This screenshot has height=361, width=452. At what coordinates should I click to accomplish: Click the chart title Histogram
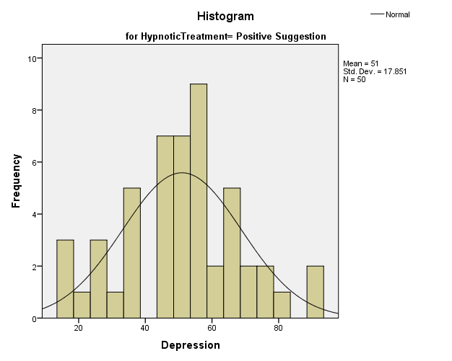pos(225,16)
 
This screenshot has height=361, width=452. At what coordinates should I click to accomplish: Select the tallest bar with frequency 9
pos(199,201)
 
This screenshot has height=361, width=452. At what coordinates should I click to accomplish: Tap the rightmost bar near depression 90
pos(316,292)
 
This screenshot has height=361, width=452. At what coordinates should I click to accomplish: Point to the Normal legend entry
pos(397,14)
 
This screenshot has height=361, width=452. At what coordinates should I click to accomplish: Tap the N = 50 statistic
pos(355,79)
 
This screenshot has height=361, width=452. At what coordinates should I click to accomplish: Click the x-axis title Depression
pos(190,345)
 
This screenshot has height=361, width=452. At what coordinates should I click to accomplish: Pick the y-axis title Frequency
pos(16,181)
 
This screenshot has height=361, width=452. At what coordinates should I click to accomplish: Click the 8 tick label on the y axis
pos(34,110)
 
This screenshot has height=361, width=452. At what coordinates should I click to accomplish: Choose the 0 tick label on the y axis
pos(34,318)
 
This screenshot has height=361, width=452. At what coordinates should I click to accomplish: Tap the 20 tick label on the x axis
pos(78,328)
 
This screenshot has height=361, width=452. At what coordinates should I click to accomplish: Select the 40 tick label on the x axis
pos(144,328)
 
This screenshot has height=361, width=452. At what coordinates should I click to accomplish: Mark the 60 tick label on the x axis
pos(212,328)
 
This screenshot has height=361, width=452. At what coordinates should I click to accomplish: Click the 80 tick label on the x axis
pos(278,328)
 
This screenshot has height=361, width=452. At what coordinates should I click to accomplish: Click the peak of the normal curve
pos(182,173)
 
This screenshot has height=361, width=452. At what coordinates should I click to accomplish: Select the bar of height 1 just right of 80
pos(282,305)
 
